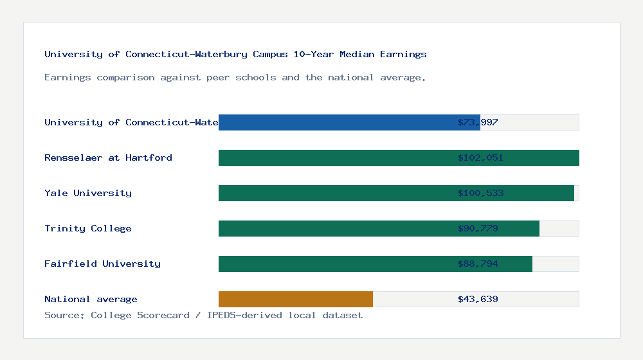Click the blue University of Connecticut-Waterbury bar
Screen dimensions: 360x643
coord(349,122)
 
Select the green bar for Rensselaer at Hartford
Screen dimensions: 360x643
coord(399,157)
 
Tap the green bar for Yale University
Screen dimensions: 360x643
coord(396,193)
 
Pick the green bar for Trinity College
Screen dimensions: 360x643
coord(379,228)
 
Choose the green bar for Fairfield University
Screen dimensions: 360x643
coord(376,264)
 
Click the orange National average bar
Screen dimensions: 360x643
coord(296,299)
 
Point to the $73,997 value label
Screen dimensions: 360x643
coord(478,122)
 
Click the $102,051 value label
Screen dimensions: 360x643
coord(480,157)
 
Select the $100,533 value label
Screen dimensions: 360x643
coord(480,193)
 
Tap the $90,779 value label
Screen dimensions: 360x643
coord(478,228)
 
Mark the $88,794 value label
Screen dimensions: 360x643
coord(478,264)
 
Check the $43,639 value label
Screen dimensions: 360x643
coord(478,299)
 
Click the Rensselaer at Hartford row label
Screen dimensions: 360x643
coord(108,157)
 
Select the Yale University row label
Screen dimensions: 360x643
coord(88,193)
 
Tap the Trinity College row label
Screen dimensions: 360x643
coord(88,228)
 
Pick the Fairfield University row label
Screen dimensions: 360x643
coord(102,264)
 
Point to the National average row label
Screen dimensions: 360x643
coord(91,299)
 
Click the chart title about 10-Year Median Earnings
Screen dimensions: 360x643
coord(235,54)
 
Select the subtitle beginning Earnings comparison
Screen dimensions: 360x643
coord(235,77)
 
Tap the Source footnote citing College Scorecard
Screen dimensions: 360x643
coord(203,315)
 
